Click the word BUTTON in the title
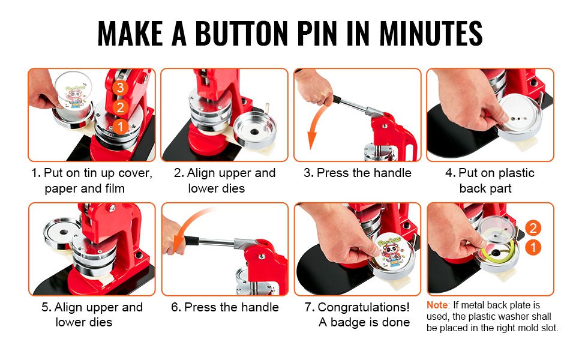point(241,34)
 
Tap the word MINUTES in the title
point(431,34)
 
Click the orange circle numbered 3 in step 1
point(120,88)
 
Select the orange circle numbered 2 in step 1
point(120,107)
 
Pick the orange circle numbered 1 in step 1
point(120,127)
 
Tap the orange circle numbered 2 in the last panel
point(533,228)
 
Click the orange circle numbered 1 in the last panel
point(533,248)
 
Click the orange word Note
point(437,305)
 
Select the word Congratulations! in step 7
point(364,307)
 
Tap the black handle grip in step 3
point(337,100)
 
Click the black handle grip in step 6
point(191,241)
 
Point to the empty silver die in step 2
point(256,130)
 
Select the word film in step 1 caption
point(115,188)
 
